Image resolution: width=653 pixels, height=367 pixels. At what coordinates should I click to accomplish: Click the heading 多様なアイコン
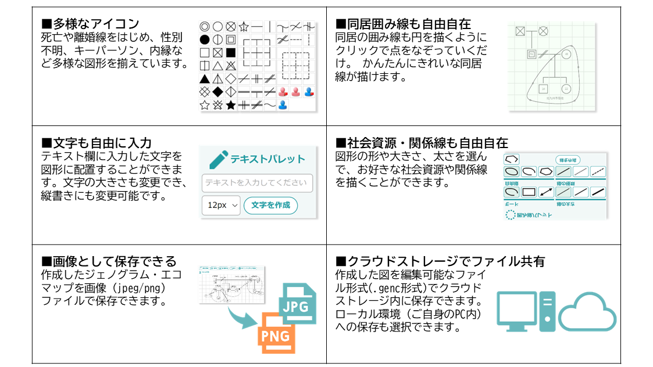[90, 24]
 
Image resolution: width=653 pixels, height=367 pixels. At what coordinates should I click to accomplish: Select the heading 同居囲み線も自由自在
[404, 24]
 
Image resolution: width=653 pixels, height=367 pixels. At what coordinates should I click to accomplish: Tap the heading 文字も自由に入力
[97, 143]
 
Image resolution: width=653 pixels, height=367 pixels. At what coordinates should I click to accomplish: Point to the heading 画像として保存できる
[109, 261]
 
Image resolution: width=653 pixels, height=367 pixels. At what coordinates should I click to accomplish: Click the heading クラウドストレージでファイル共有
[440, 261]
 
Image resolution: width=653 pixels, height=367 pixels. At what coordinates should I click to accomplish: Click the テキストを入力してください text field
[257, 183]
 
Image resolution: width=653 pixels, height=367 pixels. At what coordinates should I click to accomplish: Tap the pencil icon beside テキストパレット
[218, 159]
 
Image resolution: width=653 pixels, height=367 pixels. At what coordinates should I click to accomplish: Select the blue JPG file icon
[297, 303]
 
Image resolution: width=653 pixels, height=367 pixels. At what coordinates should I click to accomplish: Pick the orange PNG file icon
[274, 333]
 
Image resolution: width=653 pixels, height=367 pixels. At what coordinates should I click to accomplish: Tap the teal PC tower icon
[547, 310]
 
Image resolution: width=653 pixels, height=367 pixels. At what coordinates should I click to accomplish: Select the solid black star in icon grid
[231, 105]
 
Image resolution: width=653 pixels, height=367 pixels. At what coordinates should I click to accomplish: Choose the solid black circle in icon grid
[205, 40]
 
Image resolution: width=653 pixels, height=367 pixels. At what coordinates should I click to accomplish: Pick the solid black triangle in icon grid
[205, 79]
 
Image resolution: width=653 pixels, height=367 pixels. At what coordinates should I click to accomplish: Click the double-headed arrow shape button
[546, 192]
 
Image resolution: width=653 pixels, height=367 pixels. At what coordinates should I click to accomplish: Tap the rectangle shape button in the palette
[529, 192]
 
